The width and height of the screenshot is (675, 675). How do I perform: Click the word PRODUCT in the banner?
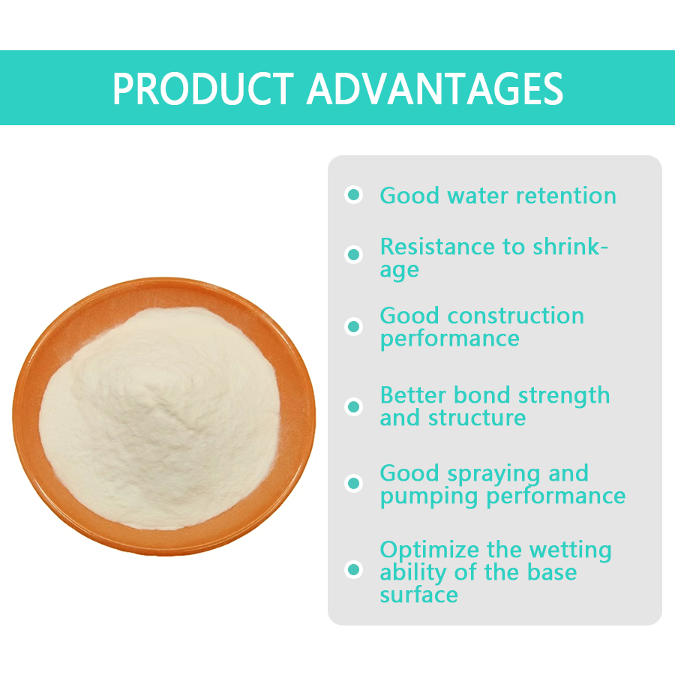pos(203,88)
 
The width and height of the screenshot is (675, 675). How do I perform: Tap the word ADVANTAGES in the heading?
pos(434,88)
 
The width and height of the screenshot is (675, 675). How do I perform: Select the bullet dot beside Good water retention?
pos(353,195)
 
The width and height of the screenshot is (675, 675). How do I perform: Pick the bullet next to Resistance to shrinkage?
pos(353,254)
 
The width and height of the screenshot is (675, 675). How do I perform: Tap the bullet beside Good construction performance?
pos(353,326)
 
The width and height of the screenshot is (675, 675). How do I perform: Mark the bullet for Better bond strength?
pos(353,406)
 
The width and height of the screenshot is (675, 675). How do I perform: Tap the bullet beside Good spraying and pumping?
pos(353,484)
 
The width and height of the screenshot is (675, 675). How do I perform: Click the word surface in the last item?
pos(418,595)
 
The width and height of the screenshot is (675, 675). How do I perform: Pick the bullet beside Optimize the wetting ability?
pos(353,570)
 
